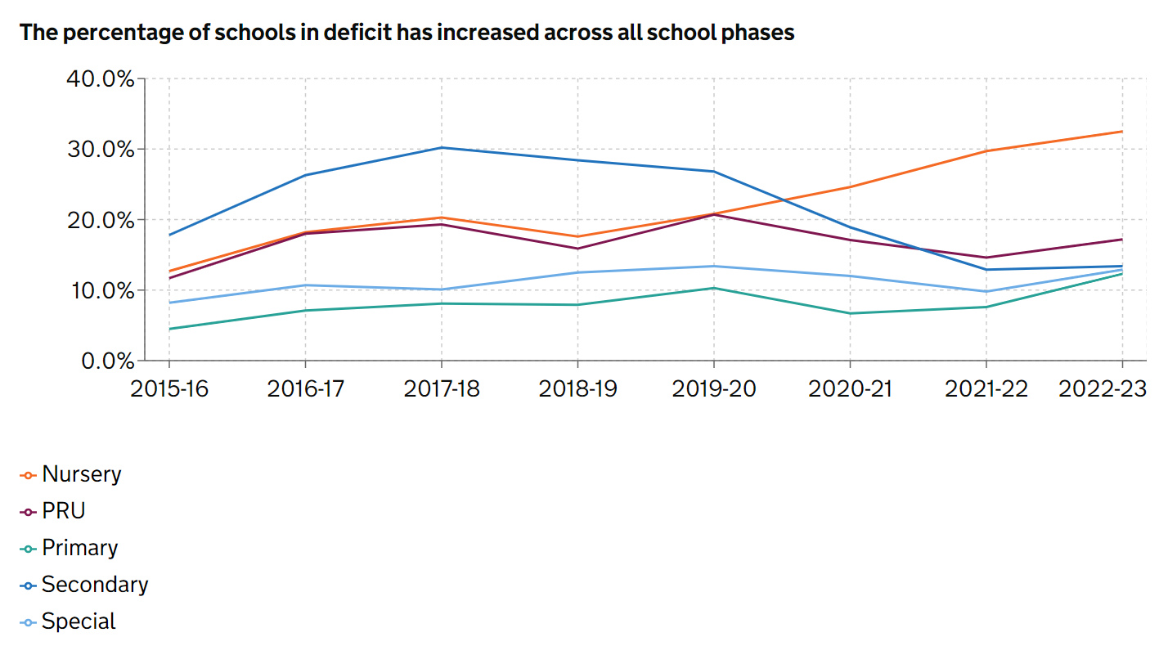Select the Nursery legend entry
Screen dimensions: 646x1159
(x=81, y=474)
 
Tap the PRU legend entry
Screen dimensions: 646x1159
(x=63, y=511)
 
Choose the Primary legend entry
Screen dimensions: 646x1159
(x=80, y=548)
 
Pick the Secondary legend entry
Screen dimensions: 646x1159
(x=94, y=585)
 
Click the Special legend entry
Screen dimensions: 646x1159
(x=79, y=621)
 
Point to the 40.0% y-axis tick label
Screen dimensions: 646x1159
(x=99, y=79)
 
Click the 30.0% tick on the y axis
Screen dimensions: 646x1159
(x=99, y=150)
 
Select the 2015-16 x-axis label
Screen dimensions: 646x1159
(x=169, y=389)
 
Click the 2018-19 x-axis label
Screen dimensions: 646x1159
(x=577, y=389)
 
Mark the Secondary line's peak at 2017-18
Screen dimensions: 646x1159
(x=442, y=147)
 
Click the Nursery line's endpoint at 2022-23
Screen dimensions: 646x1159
(x=1122, y=132)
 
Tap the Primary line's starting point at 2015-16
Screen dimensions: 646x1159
(x=169, y=329)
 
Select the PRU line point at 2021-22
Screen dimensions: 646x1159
(x=986, y=258)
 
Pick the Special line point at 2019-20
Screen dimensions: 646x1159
(x=714, y=266)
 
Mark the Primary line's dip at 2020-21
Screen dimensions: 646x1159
(x=850, y=313)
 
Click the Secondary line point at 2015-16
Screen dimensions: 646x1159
(x=169, y=235)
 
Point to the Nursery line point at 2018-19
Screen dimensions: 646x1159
(x=577, y=236)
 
